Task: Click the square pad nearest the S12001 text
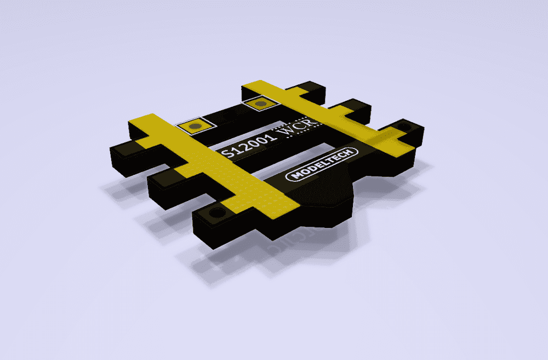(196, 127)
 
